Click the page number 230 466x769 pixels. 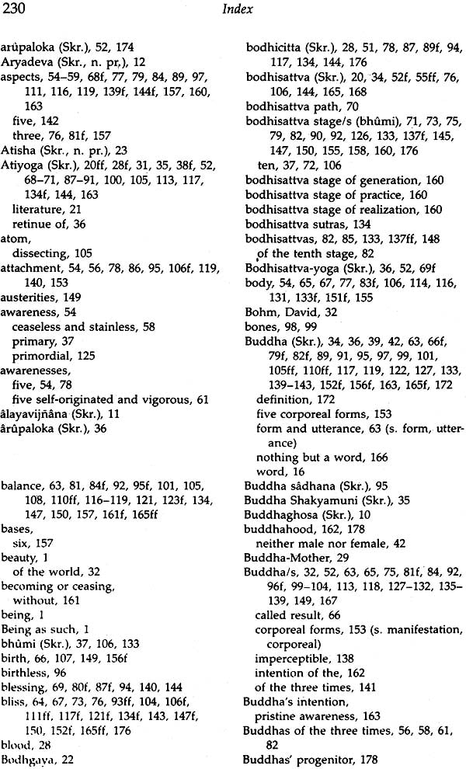click(x=14, y=9)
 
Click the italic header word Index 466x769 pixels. click(x=233, y=9)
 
